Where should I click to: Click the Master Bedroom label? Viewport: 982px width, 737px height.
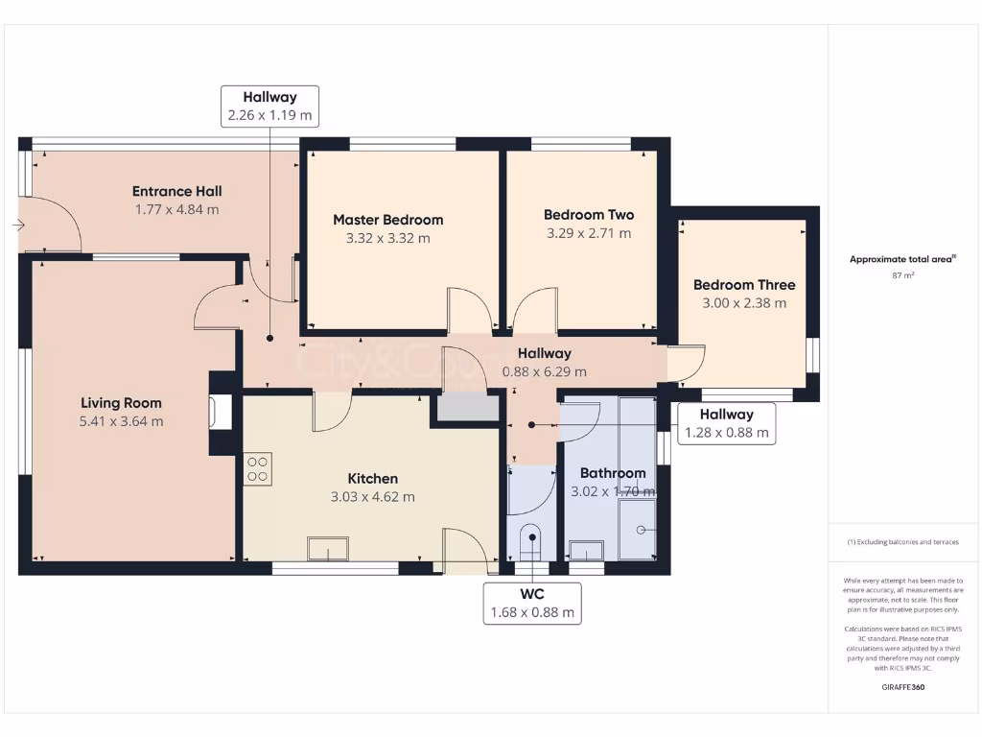coord(387,220)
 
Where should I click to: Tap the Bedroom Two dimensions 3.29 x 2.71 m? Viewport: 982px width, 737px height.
coord(589,233)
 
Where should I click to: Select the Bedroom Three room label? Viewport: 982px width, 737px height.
coord(744,285)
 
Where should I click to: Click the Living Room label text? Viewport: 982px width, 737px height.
coord(121,403)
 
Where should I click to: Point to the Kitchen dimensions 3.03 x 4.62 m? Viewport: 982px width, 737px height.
coord(372,497)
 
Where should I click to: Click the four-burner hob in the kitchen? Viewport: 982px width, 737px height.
coord(257,468)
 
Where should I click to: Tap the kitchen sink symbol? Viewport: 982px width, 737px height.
coord(327,549)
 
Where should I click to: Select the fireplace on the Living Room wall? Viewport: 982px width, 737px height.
coord(220,413)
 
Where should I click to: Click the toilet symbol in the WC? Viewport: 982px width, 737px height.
coord(529,543)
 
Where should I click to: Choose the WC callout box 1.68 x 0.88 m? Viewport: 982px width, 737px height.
coord(532,603)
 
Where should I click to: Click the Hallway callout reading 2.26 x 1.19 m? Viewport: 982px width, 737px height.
coord(269,107)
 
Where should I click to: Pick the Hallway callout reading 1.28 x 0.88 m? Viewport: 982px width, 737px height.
coord(726,423)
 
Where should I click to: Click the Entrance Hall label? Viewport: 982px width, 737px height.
coord(176,191)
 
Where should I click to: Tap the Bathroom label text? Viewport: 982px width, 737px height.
coord(613,473)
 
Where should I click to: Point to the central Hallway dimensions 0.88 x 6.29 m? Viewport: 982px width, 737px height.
coord(544,371)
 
